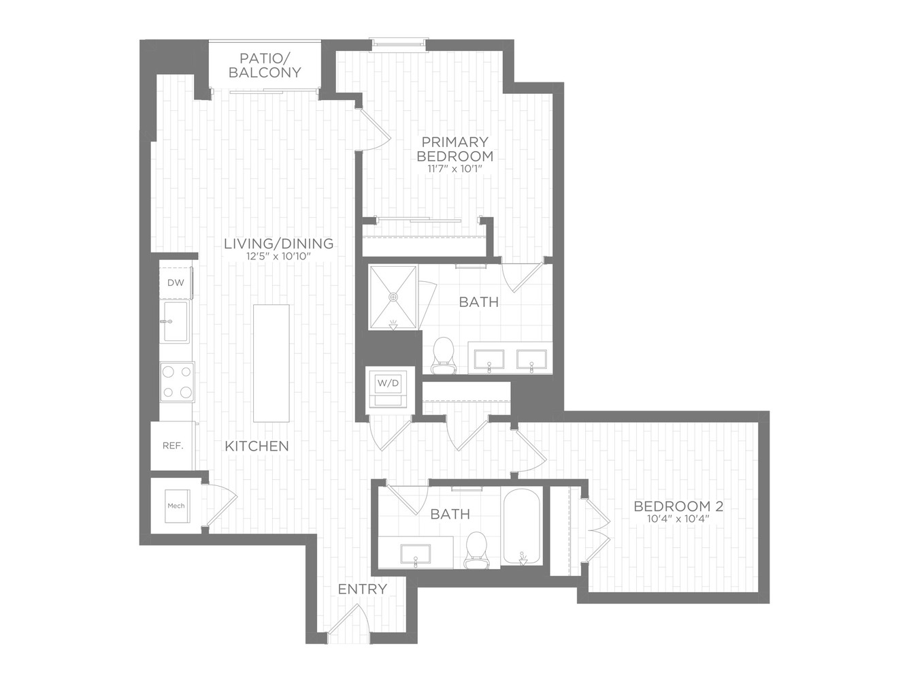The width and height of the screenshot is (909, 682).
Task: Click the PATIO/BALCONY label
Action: coord(265,65)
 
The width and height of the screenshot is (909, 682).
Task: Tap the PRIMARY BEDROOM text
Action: coord(454,149)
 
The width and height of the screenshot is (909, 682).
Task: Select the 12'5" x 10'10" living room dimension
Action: coord(278,257)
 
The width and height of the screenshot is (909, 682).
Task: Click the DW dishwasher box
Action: coord(176,283)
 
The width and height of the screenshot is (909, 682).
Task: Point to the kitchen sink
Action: coord(175,321)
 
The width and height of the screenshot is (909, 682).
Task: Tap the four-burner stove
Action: coord(178,382)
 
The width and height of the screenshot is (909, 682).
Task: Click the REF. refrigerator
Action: coord(173,446)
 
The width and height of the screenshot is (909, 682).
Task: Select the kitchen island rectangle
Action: coord(271,363)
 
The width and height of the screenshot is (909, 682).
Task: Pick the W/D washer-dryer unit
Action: coord(389,390)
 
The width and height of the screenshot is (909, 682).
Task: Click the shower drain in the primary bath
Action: coord(393,297)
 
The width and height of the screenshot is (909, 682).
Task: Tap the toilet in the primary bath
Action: coord(444,355)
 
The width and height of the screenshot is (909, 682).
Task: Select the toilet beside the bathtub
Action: coord(476,551)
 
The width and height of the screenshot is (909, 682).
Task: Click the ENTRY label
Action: coord(363,589)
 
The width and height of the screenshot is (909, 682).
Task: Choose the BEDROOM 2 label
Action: coord(678,506)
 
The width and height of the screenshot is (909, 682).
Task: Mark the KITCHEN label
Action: coord(257,446)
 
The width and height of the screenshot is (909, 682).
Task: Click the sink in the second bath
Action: coord(415,554)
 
